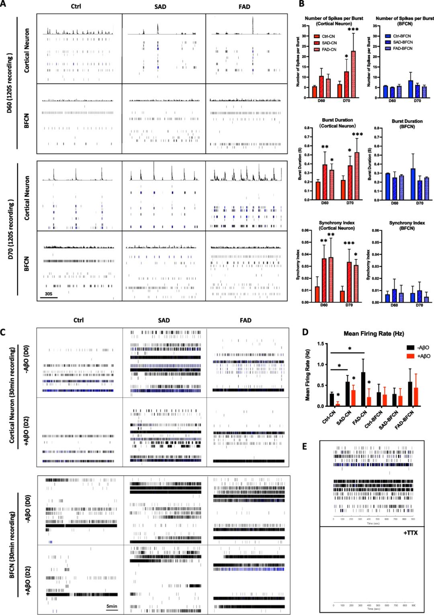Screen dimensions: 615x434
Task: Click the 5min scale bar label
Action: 112,606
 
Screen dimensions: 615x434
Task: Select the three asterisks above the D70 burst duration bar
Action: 356,135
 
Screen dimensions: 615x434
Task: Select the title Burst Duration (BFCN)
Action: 407,123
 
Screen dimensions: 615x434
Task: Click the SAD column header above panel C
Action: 164,321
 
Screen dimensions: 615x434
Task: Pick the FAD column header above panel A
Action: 246,7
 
